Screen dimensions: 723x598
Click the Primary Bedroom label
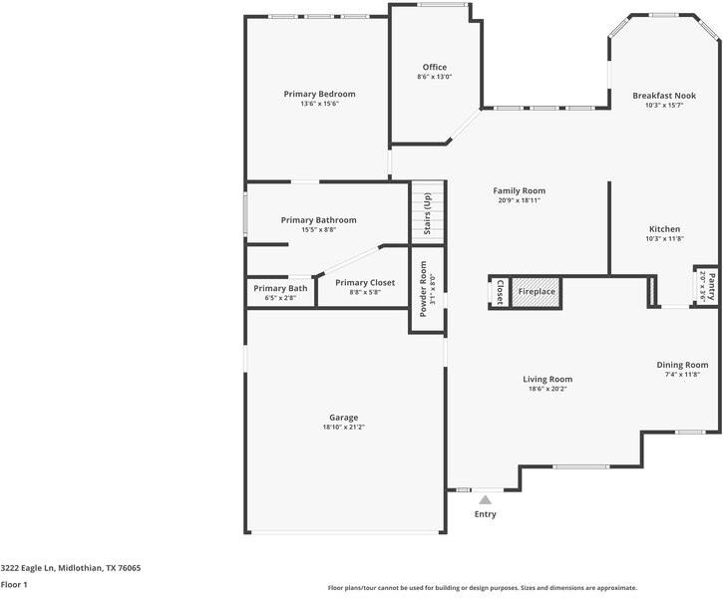click(319, 94)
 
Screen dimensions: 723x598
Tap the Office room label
click(435, 67)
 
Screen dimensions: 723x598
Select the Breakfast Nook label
click(664, 96)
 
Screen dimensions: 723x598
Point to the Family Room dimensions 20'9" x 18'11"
click(520, 200)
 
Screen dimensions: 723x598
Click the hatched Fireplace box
click(537, 292)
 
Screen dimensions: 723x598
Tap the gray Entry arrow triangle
click(485, 500)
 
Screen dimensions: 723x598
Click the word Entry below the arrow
click(485, 514)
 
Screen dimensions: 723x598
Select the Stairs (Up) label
click(428, 213)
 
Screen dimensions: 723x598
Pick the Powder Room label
click(423, 289)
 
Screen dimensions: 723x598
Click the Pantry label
click(712, 287)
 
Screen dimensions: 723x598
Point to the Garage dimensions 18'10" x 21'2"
click(343, 428)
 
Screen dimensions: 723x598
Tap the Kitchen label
click(664, 229)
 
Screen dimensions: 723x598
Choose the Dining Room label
click(682, 365)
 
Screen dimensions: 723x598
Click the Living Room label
click(547, 379)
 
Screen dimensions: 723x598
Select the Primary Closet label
click(365, 283)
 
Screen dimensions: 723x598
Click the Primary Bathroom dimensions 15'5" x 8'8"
click(318, 229)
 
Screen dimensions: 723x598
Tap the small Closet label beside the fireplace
click(500, 292)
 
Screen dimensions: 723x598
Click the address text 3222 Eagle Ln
click(27, 568)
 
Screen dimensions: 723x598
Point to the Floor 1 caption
click(14, 585)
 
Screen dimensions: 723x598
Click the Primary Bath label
click(280, 288)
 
